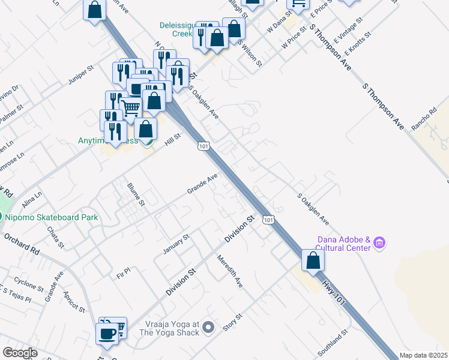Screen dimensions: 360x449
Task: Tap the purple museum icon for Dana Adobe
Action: pyautogui.click(x=379, y=243)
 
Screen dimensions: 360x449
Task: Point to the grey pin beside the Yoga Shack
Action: pyautogui.click(x=208, y=327)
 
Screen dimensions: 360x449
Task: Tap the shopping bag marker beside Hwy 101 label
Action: pyautogui.click(x=313, y=261)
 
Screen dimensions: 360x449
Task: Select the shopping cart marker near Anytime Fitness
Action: pyautogui.click(x=131, y=109)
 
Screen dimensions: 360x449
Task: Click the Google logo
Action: pyautogui.click(x=20, y=353)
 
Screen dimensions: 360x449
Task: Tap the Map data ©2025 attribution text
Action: pyautogui.click(x=424, y=355)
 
